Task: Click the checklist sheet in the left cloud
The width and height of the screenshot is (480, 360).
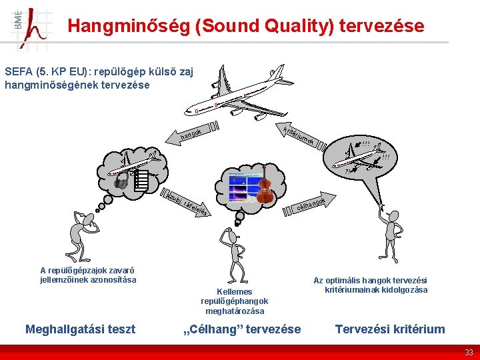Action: [x=140, y=181]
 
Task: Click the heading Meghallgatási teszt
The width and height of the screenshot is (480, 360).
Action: [x=80, y=329]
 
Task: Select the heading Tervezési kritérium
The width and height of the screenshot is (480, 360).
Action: [x=390, y=329]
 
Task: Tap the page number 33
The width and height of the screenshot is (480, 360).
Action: [x=469, y=352]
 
